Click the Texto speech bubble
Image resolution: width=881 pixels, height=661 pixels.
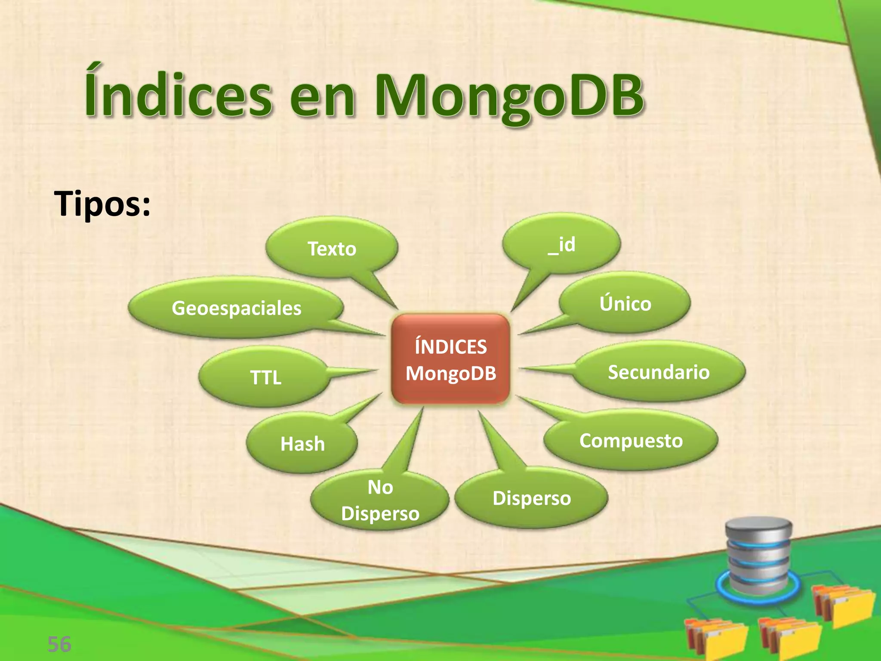point(332,248)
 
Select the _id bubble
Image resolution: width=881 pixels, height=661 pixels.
point(561,244)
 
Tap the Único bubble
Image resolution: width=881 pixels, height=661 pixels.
point(625,303)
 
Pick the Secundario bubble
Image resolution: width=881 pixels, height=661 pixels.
point(658,372)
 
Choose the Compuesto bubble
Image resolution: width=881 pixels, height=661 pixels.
point(631,440)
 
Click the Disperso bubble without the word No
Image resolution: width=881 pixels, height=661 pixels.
point(532,498)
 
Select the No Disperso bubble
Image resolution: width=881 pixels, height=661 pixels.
point(380,500)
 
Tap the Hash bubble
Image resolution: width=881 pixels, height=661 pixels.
point(302,444)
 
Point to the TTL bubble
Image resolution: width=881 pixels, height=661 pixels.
point(265,377)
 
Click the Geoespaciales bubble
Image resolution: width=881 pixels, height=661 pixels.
point(236,308)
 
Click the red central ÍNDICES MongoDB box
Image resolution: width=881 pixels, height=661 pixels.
point(450,360)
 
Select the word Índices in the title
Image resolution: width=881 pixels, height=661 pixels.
point(178,93)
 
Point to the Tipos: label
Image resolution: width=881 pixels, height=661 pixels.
point(102,203)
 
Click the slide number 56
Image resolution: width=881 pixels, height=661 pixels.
point(59,644)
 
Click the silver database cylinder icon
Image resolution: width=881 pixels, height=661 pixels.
point(758,555)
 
